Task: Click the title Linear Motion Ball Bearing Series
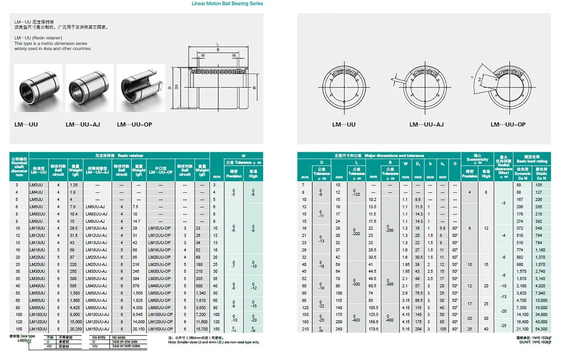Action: click(x=227, y=4)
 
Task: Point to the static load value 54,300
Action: click(x=541, y=329)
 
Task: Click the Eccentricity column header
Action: click(x=477, y=159)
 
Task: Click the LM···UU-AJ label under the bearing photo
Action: click(x=82, y=125)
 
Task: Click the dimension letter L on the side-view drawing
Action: click(x=218, y=44)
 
